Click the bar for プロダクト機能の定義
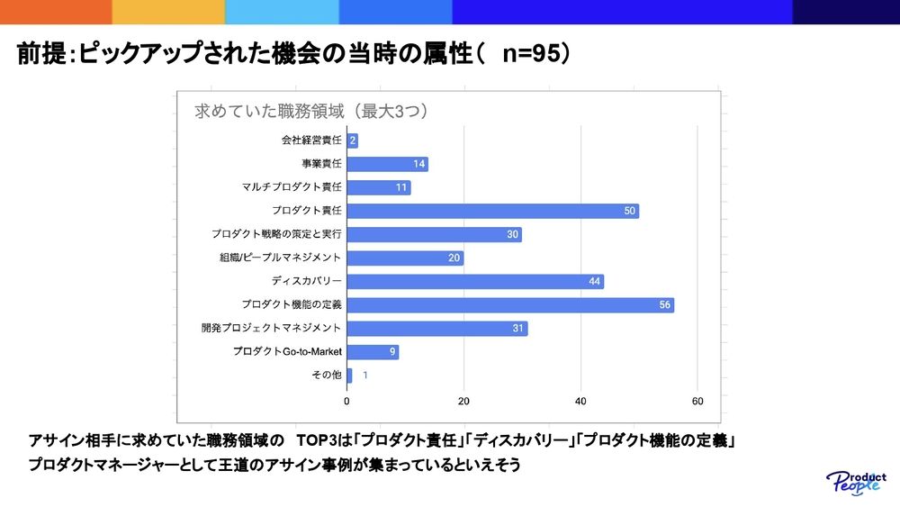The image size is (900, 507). click(509, 305)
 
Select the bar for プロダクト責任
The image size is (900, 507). click(492, 211)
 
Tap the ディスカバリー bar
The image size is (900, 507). click(474, 282)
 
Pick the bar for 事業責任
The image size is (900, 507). click(387, 164)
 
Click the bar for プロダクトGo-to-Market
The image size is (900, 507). click(372, 352)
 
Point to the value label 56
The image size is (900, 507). click(664, 305)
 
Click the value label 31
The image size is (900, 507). click(517, 329)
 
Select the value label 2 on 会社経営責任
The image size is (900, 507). click(353, 140)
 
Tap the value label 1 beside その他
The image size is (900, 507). click(364, 376)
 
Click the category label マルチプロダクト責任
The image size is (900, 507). click(292, 187)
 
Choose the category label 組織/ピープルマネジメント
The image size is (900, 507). click(280, 258)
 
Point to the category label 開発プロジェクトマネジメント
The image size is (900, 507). click(271, 329)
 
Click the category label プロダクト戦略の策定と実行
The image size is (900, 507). click(276, 234)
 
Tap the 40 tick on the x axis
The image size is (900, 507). click(580, 401)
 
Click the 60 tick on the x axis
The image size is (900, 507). click(697, 401)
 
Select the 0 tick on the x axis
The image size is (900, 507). click(347, 401)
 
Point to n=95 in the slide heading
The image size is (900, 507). click(530, 55)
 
